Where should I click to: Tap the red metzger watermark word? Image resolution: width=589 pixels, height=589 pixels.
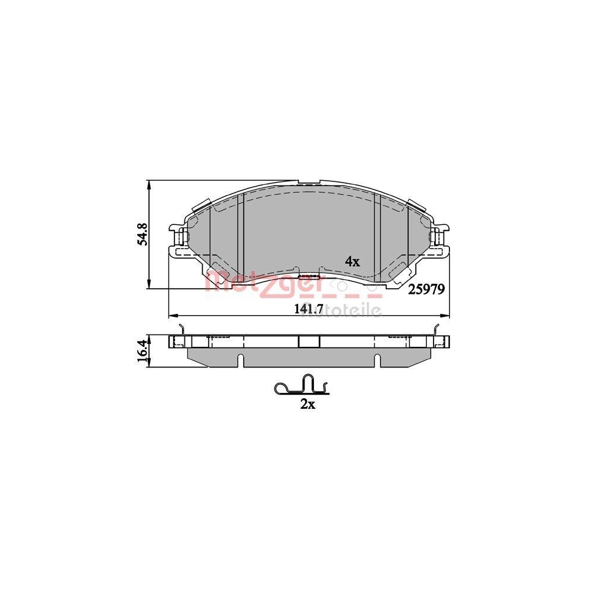[x=262, y=283]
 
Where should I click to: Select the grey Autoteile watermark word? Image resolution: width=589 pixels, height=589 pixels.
[x=342, y=310]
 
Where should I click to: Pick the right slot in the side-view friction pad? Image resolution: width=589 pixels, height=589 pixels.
[x=376, y=358]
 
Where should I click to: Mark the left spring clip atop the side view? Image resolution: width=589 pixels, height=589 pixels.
[x=183, y=331]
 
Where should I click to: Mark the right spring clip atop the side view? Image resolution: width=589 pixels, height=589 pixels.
[x=436, y=330]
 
